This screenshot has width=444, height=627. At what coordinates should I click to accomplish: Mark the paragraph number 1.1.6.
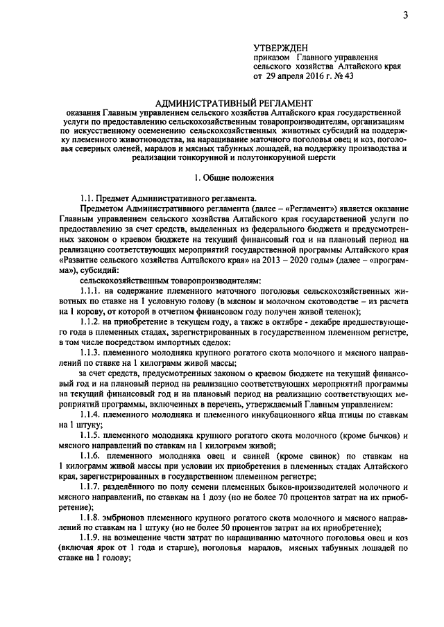(93, 459)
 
